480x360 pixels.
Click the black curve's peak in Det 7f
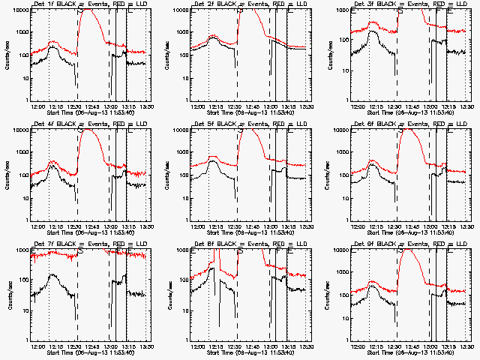pos(54,275)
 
